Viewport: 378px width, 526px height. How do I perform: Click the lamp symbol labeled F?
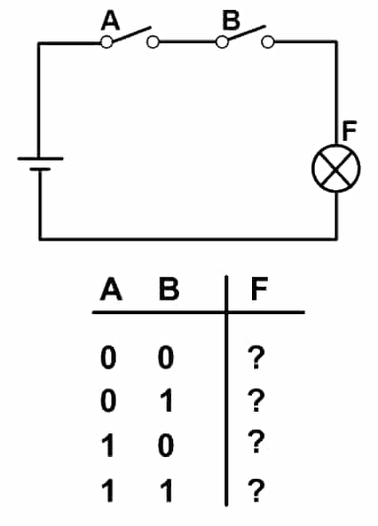(x=336, y=168)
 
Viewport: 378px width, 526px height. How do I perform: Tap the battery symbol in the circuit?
(x=40, y=164)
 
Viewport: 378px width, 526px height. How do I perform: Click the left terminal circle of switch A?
(x=106, y=42)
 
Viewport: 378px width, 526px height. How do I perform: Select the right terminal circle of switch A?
(x=153, y=42)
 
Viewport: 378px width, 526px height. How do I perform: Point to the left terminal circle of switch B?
(x=221, y=42)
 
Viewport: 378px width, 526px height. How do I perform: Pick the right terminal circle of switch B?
(x=268, y=42)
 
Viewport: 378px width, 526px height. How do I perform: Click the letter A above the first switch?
(x=110, y=21)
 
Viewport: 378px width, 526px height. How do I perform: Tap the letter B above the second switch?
(x=231, y=20)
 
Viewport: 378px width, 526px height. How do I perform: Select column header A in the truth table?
(x=111, y=289)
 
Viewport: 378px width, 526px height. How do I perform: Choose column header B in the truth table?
(x=169, y=289)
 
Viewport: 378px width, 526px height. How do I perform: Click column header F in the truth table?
(x=259, y=289)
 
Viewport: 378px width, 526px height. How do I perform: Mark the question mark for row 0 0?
(x=256, y=358)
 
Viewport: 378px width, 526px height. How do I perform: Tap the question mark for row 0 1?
(x=256, y=401)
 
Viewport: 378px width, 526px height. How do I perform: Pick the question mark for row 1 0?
(x=256, y=442)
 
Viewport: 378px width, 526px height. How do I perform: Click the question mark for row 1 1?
(x=256, y=491)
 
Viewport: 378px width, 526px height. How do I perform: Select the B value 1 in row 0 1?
(x=166, y=401)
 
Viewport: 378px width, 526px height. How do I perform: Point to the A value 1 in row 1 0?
(x=108, y=446)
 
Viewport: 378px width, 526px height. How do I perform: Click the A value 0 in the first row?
(x=108, y=358)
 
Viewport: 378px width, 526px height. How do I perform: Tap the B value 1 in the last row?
(x=166, y=491)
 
